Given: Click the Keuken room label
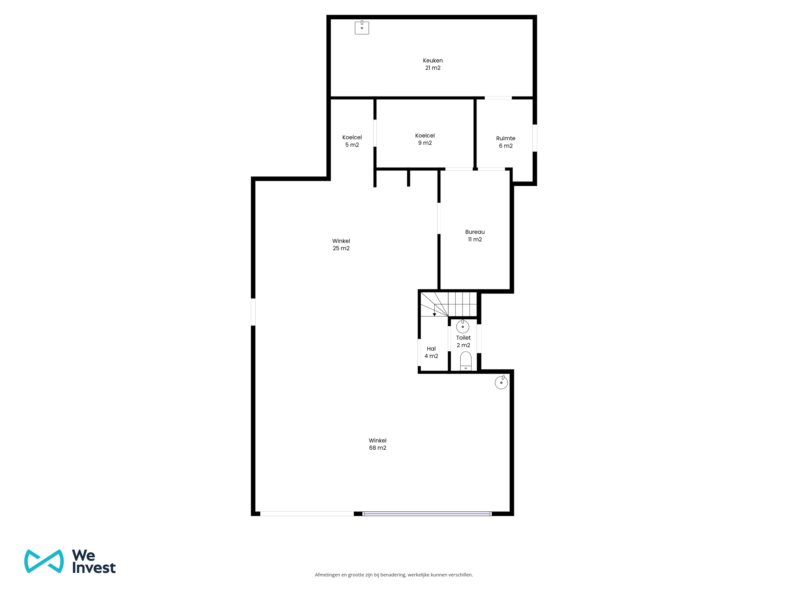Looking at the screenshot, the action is (433, 64).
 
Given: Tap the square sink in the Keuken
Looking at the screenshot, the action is (362, 27).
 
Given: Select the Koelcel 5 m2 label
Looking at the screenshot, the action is (352, 141).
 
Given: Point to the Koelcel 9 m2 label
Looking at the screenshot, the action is (425, 139).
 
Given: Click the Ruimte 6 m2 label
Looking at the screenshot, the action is (506, 142).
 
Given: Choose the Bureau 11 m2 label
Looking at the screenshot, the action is (475, 236).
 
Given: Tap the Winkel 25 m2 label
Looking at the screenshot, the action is (341, 245).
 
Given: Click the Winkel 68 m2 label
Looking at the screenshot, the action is (378, 444).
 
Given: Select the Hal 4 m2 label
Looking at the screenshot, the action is (431, 352).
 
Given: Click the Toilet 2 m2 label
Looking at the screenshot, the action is (463, 341).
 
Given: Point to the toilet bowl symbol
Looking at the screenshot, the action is (466, 361).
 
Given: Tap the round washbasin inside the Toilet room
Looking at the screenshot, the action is (463, 327).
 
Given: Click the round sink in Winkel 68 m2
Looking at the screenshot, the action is (501, 382).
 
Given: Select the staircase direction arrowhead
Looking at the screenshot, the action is (434, 314).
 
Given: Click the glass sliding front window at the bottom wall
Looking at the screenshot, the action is (427, 513).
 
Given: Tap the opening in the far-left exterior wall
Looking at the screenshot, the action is (253, 312).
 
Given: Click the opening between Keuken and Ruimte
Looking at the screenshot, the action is (498, 98).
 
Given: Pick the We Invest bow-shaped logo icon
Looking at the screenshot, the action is (44, 561).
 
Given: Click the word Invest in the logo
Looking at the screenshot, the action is (94, 568).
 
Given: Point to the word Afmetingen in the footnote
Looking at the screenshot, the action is (327, 575).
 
